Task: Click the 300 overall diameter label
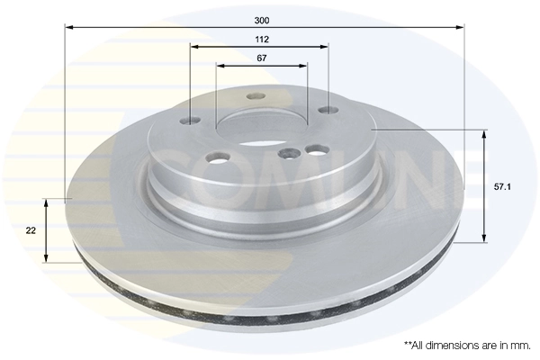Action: point(262,19)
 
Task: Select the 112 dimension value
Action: point(262,40)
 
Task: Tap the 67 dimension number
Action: point(262,58)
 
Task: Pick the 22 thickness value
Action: point(31,230)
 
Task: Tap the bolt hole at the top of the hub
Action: point(256,97)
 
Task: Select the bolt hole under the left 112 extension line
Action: point(192,121)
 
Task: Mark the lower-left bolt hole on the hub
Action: point(214,161)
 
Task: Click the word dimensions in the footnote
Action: point(447,345)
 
